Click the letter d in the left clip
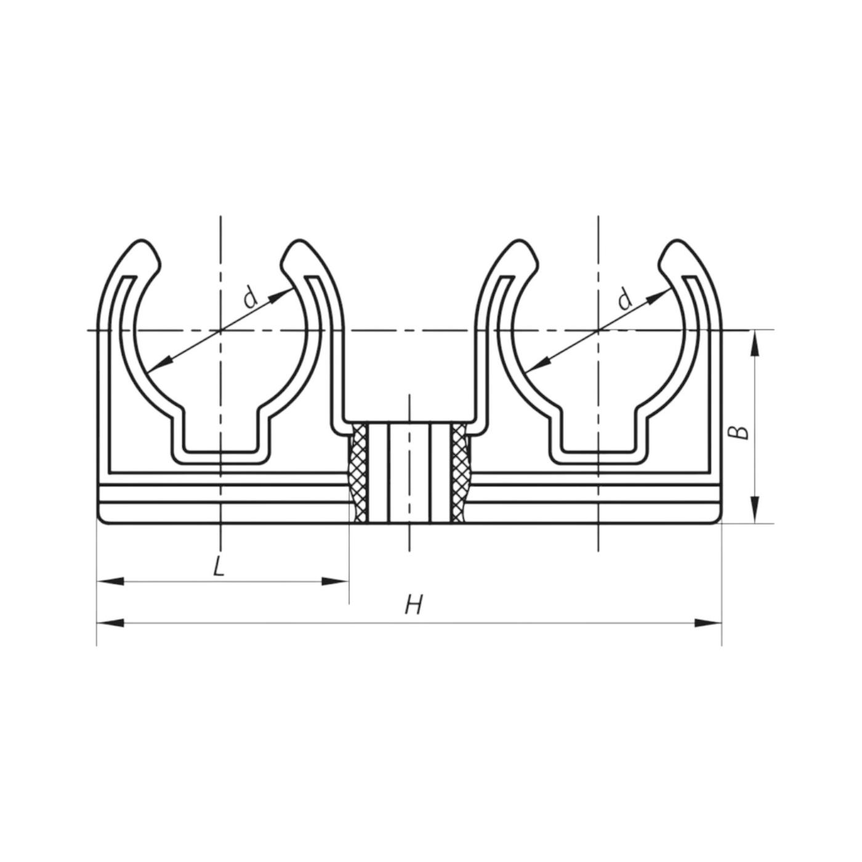pyautogui.click(x=251, y=298)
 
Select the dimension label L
pyautogui.click(x=219, y=567)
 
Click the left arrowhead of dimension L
pyautogui.click(x=110, y=581)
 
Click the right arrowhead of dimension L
pyautogui.click(x=335, y=581)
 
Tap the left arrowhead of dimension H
pyautogui.click(x=110, y=622)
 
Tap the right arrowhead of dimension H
pyautogui.click(x=708, y=622)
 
